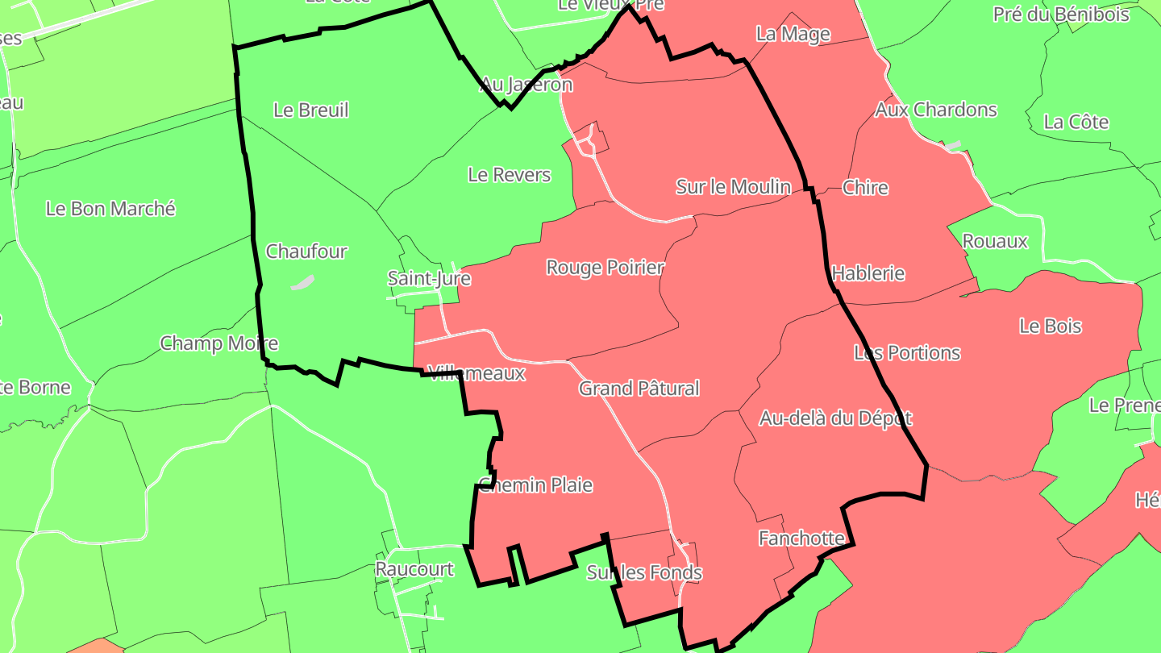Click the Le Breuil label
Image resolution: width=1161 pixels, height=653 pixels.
[311, 110]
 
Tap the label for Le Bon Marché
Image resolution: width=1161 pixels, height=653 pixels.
[110, 209]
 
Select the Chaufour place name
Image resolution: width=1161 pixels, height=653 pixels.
[306, 252]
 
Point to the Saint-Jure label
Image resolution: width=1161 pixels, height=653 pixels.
[429, 279]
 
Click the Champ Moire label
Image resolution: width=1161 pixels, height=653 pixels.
[219, 343]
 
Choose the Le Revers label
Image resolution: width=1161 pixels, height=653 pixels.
[510, 175]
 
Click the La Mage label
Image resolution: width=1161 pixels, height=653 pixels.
[793, 34]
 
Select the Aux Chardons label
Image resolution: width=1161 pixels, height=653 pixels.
[936, 110]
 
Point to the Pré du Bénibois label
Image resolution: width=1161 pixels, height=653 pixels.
[1061, 15]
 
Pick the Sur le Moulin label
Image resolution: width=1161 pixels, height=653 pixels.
[733, 187]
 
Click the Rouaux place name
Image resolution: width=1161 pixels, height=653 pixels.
[996, 241]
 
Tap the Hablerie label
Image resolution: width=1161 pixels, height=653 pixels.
[868, 273]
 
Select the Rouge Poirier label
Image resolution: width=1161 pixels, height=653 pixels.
[605, 268]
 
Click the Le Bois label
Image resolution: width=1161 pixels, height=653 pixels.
[1051, 326]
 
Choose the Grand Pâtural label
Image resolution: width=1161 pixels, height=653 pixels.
[639, 389]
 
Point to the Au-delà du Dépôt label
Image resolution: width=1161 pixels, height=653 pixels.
[835, 418]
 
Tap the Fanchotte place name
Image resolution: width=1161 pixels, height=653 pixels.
[801, 539]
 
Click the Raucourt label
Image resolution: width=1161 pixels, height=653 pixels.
[414, 569]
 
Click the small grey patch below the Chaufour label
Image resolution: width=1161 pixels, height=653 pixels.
[302, 283]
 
